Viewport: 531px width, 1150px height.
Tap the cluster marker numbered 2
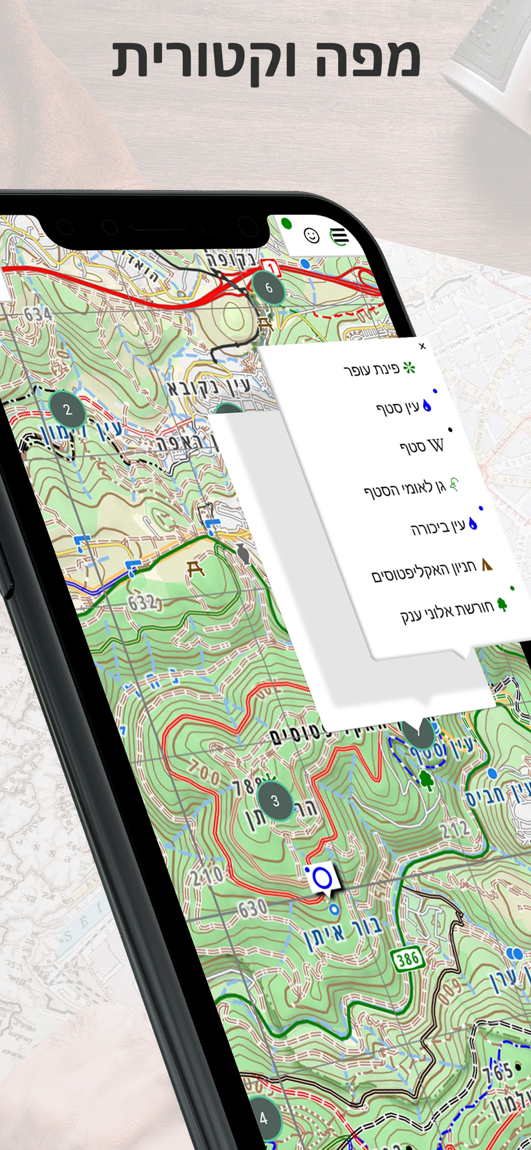[x=68, y=409]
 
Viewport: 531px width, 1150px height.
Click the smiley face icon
[x=312, y=235]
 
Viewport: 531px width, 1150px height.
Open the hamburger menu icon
[x=339, y=235]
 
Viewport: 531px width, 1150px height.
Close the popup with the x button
[x=422, y=346]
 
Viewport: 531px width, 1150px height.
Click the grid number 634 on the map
[x=38, y=314]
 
